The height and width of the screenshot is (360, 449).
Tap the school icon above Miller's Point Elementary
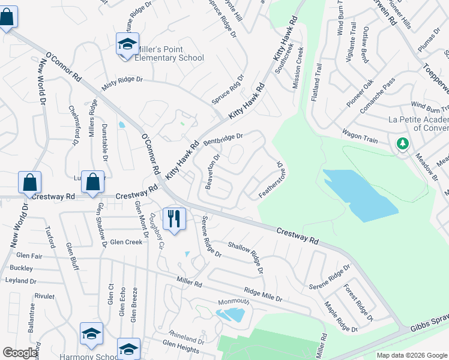(x=127, y=44)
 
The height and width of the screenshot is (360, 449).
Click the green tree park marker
(x=403, y=144)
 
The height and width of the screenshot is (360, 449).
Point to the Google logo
(x=20, y=353)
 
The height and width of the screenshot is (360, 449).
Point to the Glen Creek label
(x=126, y=242)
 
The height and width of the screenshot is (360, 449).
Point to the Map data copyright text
(x=411, y=355)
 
